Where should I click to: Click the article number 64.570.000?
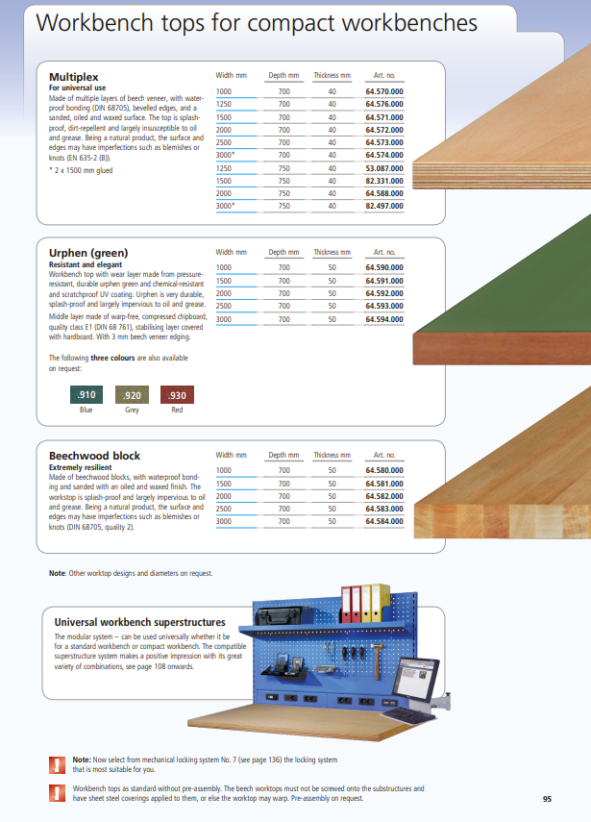click(x=383, y=90)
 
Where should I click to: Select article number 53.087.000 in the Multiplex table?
click(x=383, y=167)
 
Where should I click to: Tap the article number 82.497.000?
click(x=383, y=206)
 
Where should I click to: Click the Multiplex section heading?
click(x=74, y=76)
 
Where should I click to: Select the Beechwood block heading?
click(x=94, y=456)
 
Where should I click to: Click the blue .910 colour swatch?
click(x=86, y=394)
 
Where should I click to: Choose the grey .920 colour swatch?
click(x=132, y=394)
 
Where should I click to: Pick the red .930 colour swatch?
click(x=177, y=394)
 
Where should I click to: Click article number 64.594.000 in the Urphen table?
click(x=383, y=318)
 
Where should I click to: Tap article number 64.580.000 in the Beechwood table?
click(x=383, y=470)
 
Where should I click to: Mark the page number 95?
click(x=546, y=799)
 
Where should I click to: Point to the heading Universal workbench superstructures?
click(x=139, y=622)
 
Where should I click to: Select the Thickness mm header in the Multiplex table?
click(x=332, y=75)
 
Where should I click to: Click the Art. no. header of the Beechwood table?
click(x=384, y=455)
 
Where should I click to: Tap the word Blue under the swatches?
click(x=86, y=410)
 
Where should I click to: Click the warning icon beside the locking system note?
click(x=57, y=765)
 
